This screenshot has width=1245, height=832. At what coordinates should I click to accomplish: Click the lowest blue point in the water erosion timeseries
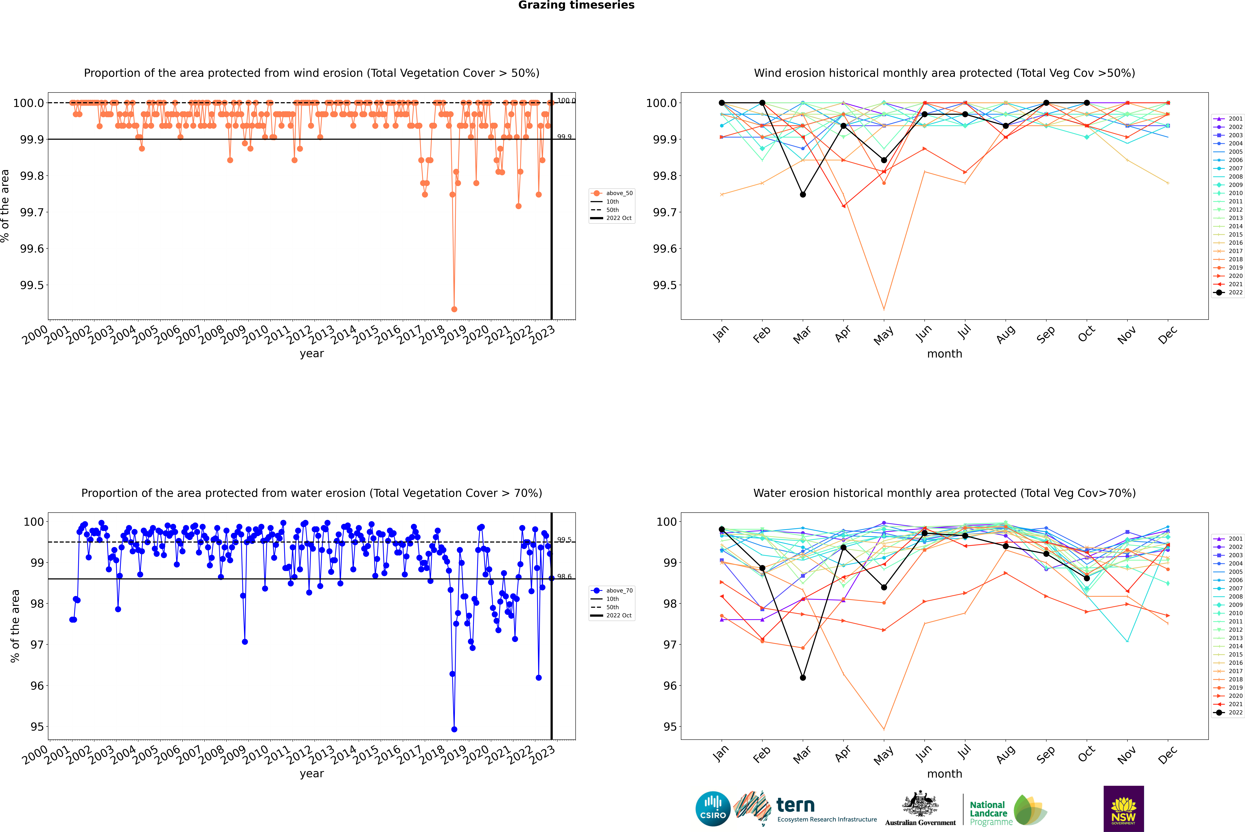tap(454, 729)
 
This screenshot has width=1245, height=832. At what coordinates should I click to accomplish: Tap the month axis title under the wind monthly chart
tap(944, 354)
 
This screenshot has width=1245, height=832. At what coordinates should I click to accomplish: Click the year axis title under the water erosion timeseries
tap(311, 774)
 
